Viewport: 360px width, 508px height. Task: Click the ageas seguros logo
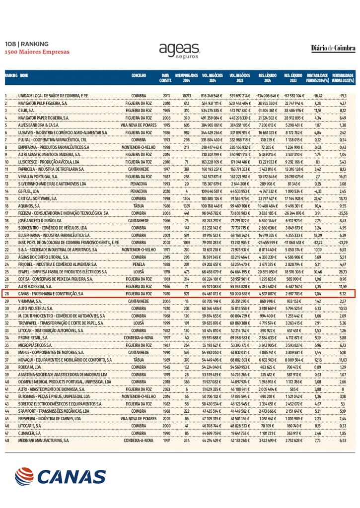pyautogui.click(x=179, y=50)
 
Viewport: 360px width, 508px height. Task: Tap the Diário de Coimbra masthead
pyautogui.click(x=333, y=48)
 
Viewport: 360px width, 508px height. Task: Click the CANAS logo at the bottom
pyautogui.click(x=60, y=477)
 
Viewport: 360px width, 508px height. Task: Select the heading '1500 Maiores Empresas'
pyautogui.click(x=37, y=52)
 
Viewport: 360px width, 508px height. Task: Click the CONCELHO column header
pyautogui.click(x=139, y=75)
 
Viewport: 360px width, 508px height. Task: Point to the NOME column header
pyautogui.click(x=23, y=75)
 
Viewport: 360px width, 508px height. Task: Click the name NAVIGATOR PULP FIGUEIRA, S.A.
pyautogui.click(x=43, y=103)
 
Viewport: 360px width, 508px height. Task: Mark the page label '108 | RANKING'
pyautogui.click(x=27, y=44)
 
